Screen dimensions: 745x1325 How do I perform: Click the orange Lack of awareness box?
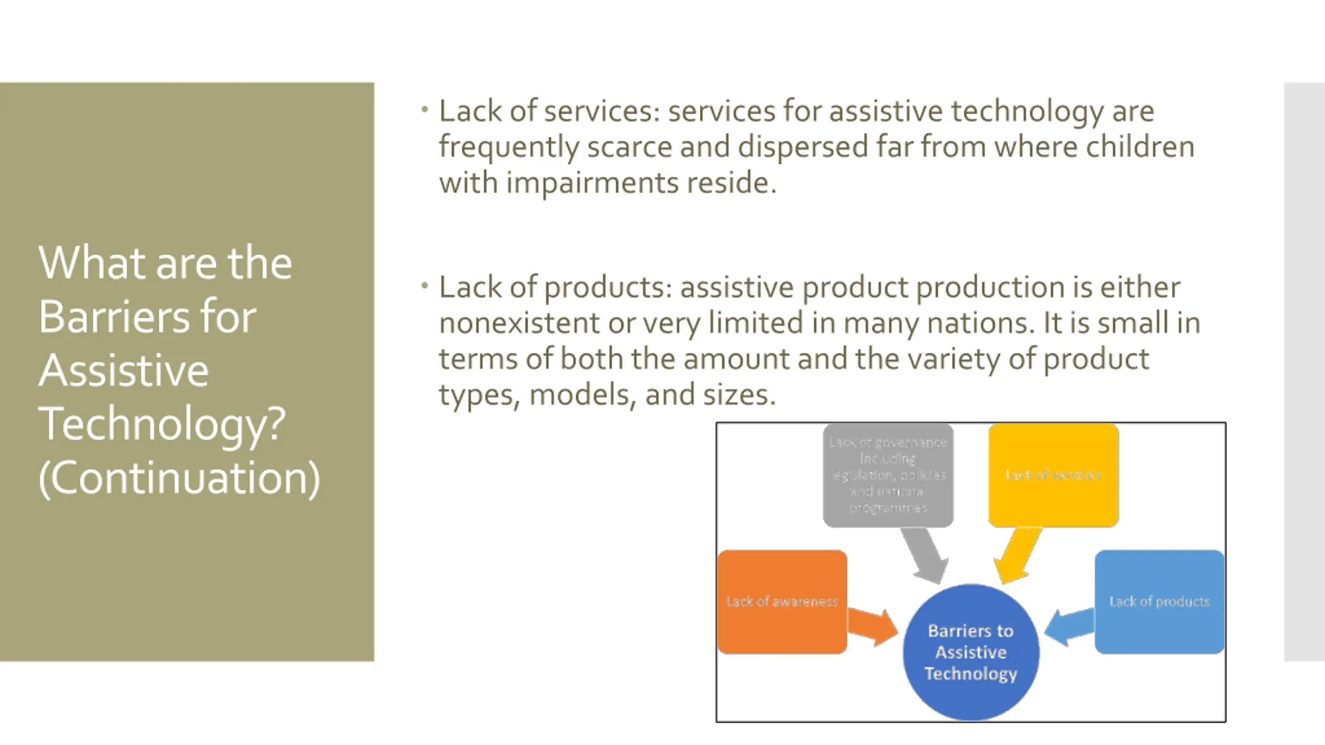[x=782, y=602]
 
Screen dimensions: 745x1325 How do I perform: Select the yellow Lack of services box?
[x=1053, y=475]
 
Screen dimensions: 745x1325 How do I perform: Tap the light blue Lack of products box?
[x=1159, y=602]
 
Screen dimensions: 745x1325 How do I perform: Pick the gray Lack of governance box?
[x=888, y=475]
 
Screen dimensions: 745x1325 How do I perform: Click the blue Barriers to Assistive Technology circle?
[x=971, y=652]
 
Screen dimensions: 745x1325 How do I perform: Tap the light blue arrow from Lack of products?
[x=1068, y=627]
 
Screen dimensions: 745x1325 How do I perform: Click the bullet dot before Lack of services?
[x=424, y=110]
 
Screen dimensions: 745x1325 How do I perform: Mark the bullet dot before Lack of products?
[x=424, y=286]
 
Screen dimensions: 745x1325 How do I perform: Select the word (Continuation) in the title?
[x=179, y=478]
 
